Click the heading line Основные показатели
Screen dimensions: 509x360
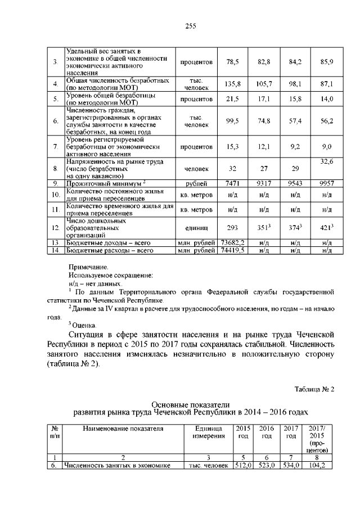[191, 404]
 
